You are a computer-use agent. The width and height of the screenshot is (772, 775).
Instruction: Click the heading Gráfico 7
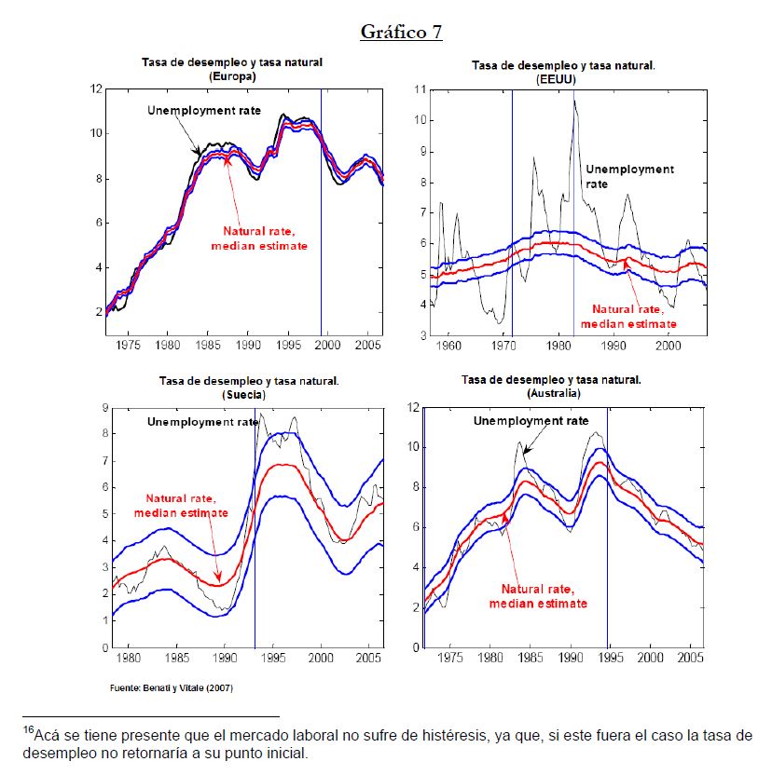coord(401,32)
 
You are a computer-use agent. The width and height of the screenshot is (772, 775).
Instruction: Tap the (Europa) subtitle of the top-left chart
coord(233,76)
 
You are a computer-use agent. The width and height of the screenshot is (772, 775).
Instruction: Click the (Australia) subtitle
coord(551,395)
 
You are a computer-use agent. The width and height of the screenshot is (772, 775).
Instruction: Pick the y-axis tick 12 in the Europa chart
coord(96,89)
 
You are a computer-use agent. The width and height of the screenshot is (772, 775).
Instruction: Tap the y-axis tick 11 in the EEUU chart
coord(420,90)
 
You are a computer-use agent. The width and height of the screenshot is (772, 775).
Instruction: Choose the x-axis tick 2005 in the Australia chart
coord(689,658)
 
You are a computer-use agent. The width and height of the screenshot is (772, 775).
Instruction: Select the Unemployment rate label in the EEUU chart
coord(628,177)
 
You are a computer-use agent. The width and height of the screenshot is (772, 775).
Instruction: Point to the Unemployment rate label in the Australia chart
coord(531,421)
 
